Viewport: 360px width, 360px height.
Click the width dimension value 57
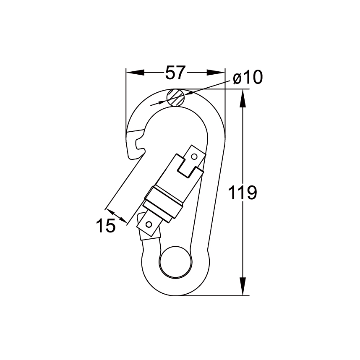(175, 73)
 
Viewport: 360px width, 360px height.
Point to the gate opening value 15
(105, 226)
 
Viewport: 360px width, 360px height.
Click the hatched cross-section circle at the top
(175, 98)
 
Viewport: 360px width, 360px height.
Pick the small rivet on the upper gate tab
(194, 157)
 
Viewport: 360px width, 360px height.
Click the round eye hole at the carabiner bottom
(175, 263)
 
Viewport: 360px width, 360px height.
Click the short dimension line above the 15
(116, 214)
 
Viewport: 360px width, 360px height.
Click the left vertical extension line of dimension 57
(126, 101)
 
